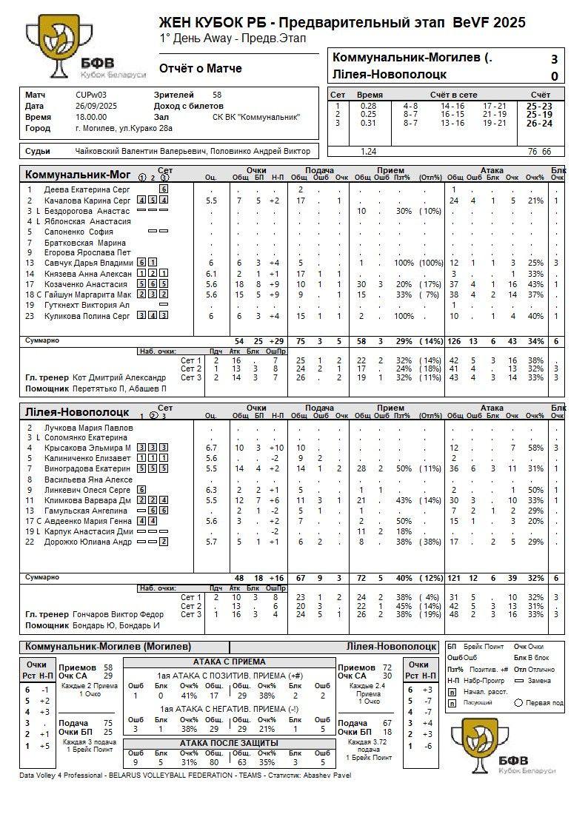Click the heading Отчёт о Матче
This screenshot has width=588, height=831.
(x=200, y=69)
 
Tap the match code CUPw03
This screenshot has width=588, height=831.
(x=91, y=95)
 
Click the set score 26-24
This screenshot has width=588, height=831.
(x=538, y=124)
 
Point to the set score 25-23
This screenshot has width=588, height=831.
(x=538, y=106)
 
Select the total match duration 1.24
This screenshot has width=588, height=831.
(x=368, y=151)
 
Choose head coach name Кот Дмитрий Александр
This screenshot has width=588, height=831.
(x=118, y=377)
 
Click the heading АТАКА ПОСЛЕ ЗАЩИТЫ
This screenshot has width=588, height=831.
(x=229, y=743)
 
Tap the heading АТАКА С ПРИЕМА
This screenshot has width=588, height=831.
(x=229, y=662)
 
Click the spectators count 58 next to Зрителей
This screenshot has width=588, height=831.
(x=217, y=95)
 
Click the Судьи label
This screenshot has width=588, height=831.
(x=38, y=152)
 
